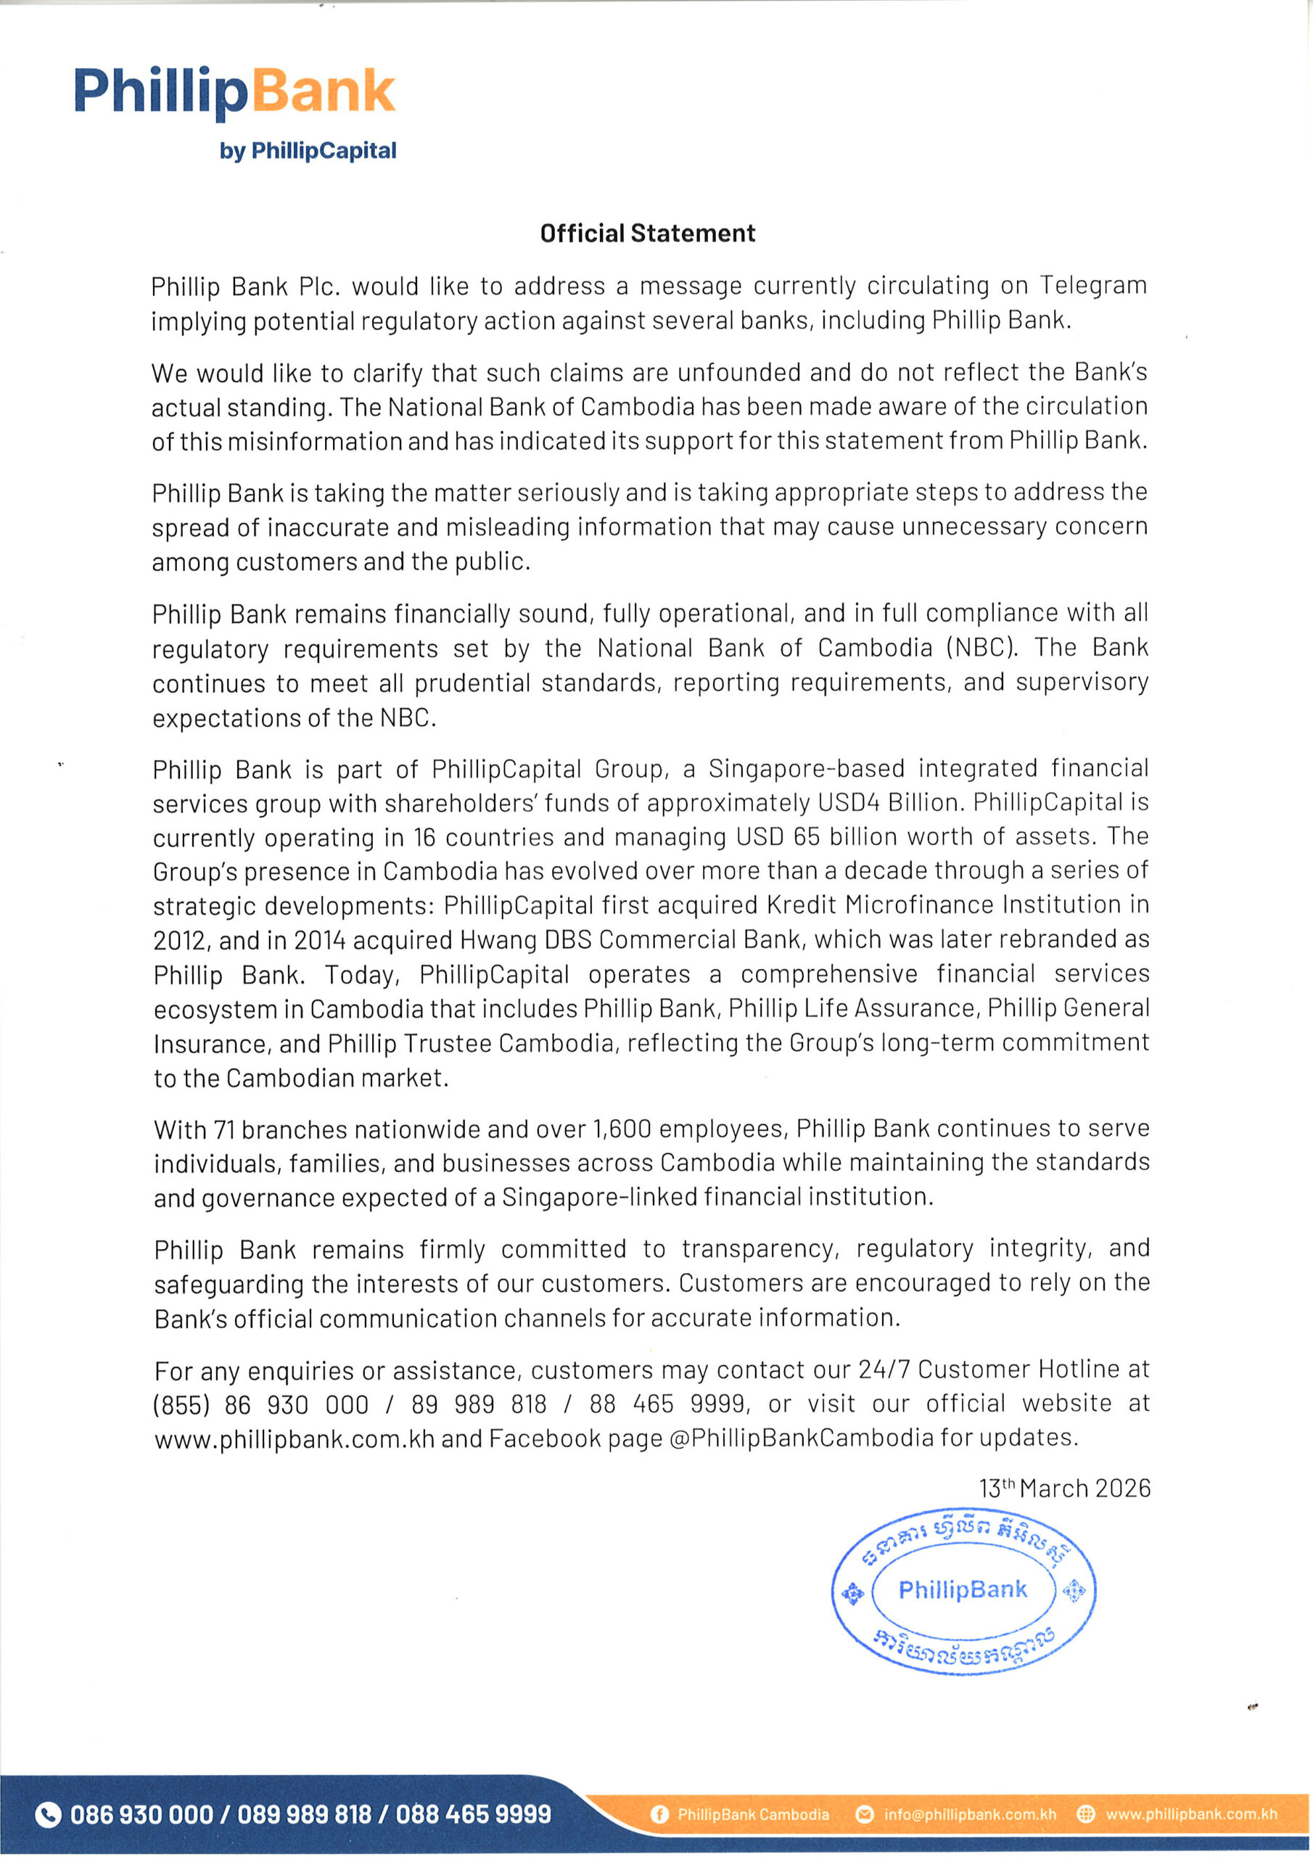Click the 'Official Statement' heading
tap(647, 233)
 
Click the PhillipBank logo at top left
tap(234, 92)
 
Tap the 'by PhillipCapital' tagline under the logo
tap(308, 152)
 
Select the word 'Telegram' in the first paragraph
tap(1093, 286)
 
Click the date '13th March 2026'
tap(1064, 1489)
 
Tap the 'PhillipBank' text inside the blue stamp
tap(963, 1590)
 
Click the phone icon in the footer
tap(49, 1815)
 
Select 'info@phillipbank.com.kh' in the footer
tap(970, 1815)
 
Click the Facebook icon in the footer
tap(659, 1815)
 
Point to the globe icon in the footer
tap(1087, 1815)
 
